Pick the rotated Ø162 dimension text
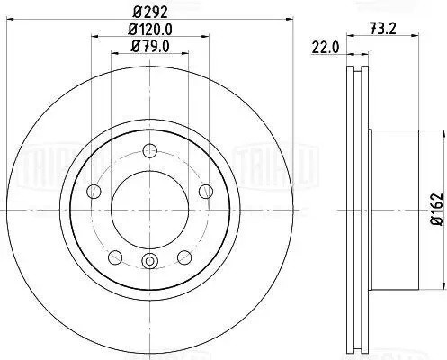(x=435, y=209)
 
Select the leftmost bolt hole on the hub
(x=94, y=190)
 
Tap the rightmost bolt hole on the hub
(x=207, y=190)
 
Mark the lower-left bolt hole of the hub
(x=114, y=256)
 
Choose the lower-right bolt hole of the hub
(x=185, y=256)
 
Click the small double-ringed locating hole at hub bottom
(x=150, y=262)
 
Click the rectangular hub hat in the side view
(x=396, y=209)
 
